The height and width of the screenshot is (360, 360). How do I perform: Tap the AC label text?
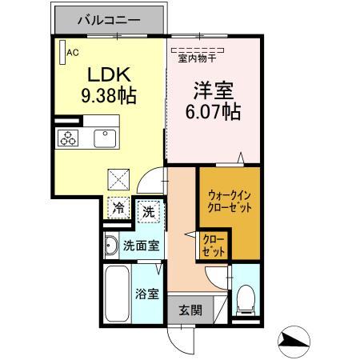(x=72, y=53)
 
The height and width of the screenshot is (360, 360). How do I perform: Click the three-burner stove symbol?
(x=66, y=138)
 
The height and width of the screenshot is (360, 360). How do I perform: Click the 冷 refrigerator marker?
(x=118, y=207)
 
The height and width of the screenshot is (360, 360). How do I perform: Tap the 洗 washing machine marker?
(x=149, y=212)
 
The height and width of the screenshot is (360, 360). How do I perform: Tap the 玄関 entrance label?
(x=190, y=310)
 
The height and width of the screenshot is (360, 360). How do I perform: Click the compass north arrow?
(x=298, y=342)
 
